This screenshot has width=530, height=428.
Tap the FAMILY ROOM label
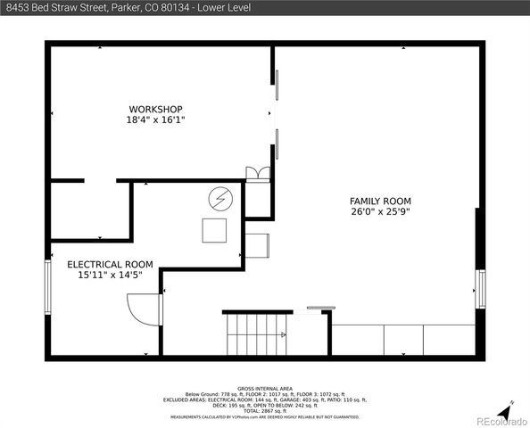click(380, 202)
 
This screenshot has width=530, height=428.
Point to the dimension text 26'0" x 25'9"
click(380, 212)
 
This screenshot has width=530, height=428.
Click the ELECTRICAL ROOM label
click(110, 264)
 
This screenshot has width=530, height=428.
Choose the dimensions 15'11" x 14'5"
click(110, 275)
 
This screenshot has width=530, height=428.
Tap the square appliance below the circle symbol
click(214, 230)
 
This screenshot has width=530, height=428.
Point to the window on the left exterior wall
click(49, 287)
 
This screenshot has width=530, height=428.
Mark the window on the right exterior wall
click(480, 288)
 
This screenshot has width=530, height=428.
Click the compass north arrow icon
click(506, 409)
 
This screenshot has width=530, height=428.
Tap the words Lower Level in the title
click(225, 7)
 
